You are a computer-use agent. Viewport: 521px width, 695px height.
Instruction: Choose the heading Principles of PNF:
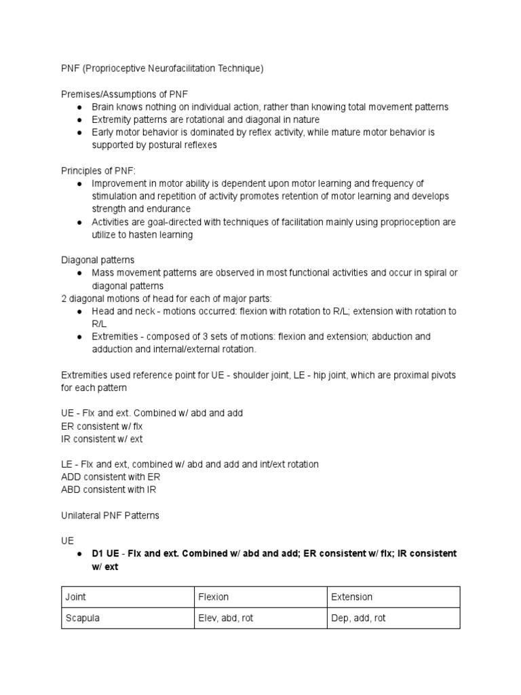(98, 170)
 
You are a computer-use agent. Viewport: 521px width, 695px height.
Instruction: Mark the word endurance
(167, 209)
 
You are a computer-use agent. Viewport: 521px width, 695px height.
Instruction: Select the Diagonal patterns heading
(98, 260)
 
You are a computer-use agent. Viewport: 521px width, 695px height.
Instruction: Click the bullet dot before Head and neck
(80, 312)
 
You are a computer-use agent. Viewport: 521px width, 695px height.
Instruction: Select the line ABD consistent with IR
(109, 489)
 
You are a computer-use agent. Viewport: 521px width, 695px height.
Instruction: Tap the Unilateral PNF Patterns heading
(110, 515)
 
